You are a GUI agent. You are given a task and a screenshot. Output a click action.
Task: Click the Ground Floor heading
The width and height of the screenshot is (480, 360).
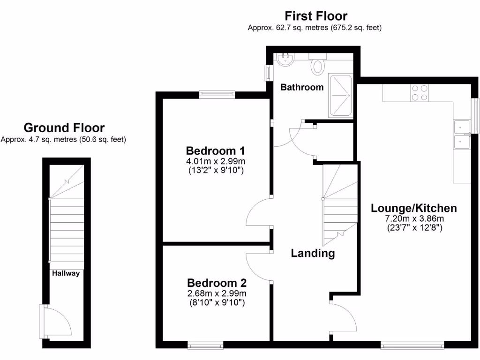tap(64, 127)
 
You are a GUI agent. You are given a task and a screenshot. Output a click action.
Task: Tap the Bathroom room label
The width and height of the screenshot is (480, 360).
tap(302, 87)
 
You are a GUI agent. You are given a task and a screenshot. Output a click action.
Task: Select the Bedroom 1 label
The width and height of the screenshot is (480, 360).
tap(216, 151)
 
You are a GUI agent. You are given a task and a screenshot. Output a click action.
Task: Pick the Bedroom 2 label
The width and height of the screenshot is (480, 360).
tap(217, 283)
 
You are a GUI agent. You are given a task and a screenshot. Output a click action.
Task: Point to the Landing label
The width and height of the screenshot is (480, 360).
tap(313, 254)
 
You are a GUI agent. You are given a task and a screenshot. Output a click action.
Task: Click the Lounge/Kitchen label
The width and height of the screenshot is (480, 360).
tap(414, 208)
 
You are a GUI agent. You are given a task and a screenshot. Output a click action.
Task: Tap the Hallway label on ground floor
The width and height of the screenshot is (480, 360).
tap(66, 273)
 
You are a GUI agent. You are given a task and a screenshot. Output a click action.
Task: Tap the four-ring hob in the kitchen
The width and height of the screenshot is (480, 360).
tap(420, 92)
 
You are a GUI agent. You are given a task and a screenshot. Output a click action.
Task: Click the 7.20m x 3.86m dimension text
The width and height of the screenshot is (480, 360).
tap(414, 218)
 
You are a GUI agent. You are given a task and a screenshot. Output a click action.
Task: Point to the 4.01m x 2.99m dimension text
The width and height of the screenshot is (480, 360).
tap(216, 161)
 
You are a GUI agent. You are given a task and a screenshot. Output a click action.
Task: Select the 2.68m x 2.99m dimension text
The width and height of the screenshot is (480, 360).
tap(217, 293)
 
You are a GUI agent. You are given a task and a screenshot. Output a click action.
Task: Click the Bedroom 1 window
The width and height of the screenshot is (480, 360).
tap(217, 95)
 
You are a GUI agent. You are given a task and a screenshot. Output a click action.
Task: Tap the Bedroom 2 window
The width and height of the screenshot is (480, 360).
tap(205, 345)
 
